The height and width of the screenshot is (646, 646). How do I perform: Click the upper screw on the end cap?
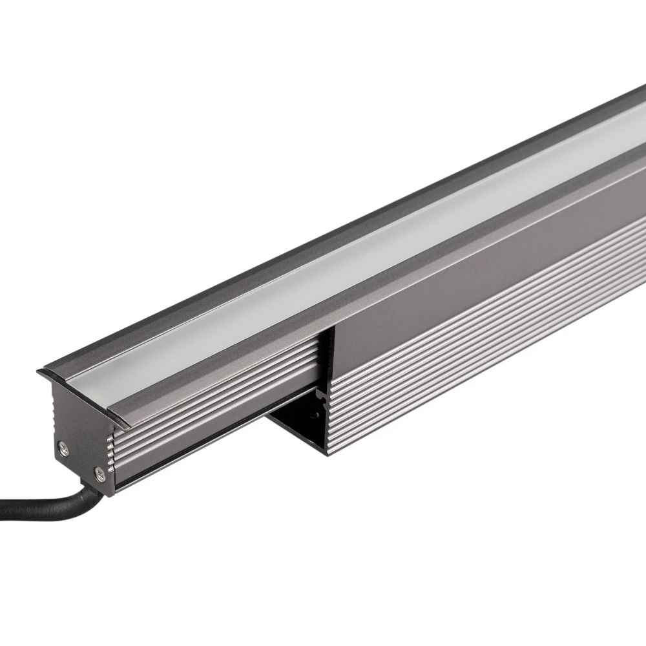click(x=63, y=446)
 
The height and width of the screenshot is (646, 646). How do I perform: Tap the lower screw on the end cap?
click(x=98, y=474)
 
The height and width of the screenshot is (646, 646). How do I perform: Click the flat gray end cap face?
click(x=76, y=439)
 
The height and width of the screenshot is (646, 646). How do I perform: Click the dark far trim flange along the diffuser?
click(x=323, y=213)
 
